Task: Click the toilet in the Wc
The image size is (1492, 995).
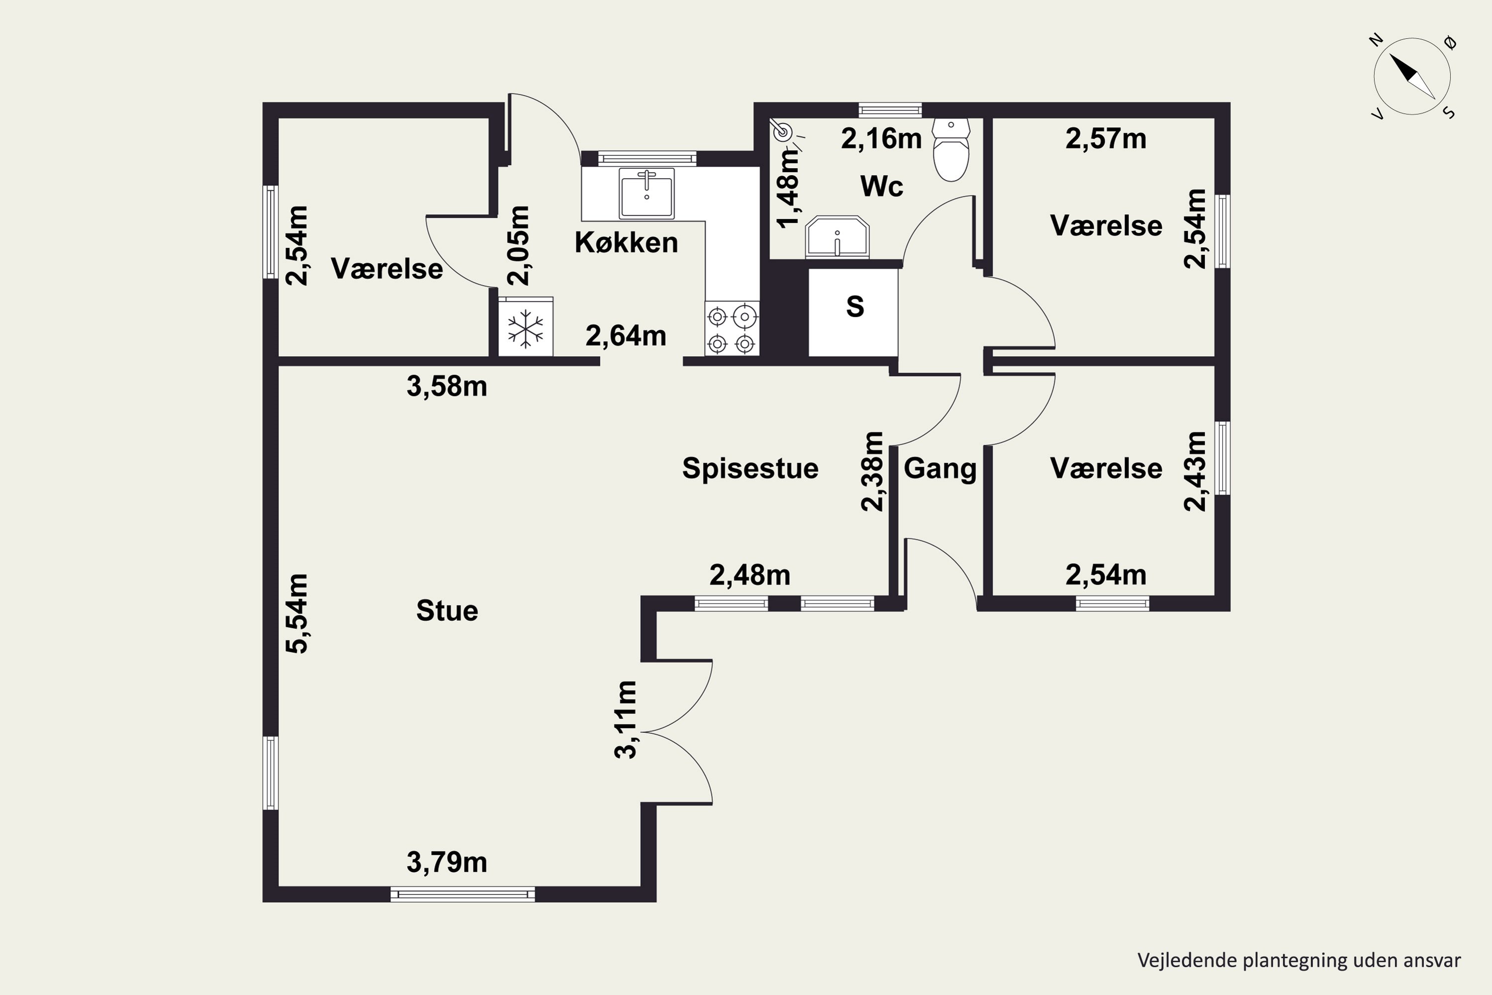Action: (951, 150)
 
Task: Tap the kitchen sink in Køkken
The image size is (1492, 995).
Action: (647, 193)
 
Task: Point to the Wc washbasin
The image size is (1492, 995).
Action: (838, 237)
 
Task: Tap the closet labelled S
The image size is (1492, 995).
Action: (853, 312)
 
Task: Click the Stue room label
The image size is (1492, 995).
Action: (447, 610)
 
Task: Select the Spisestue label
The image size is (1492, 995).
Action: (750, 469)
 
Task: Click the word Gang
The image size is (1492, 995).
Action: (940, 469)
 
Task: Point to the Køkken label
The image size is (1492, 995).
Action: (626, 242)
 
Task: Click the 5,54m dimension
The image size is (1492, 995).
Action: (297, 613)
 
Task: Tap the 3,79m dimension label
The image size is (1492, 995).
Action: (447, 862)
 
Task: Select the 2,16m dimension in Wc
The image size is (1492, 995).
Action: (881, 138)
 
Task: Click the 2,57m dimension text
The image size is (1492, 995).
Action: (1106, 138)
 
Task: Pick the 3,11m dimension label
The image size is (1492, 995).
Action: (626, 719)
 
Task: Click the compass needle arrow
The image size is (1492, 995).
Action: (1412, 76)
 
